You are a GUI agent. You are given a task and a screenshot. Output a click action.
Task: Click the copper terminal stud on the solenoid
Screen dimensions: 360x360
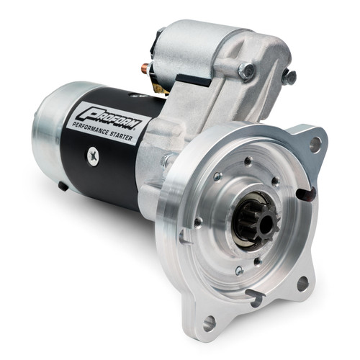point(145,69)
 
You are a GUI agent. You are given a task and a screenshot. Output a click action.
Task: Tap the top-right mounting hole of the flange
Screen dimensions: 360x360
point(315,144)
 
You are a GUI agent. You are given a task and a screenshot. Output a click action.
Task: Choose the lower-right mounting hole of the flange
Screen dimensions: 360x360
point(302,282)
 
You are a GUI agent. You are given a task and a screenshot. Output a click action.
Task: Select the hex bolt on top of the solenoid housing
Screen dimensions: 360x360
point(246,70)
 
